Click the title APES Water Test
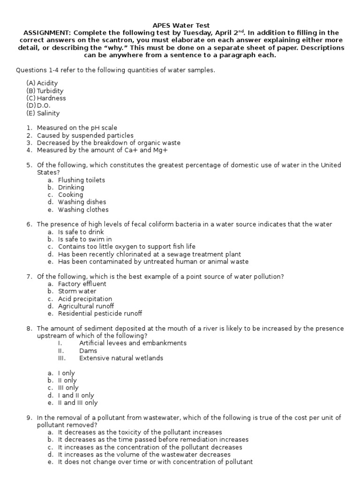tap(180, 25)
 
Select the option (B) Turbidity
tap(45, 91)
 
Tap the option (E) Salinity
tap(43, 113)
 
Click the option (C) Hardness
tap(46, 98)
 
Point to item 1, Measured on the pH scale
tap(77, 128)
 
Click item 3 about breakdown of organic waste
tap(108, 143)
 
